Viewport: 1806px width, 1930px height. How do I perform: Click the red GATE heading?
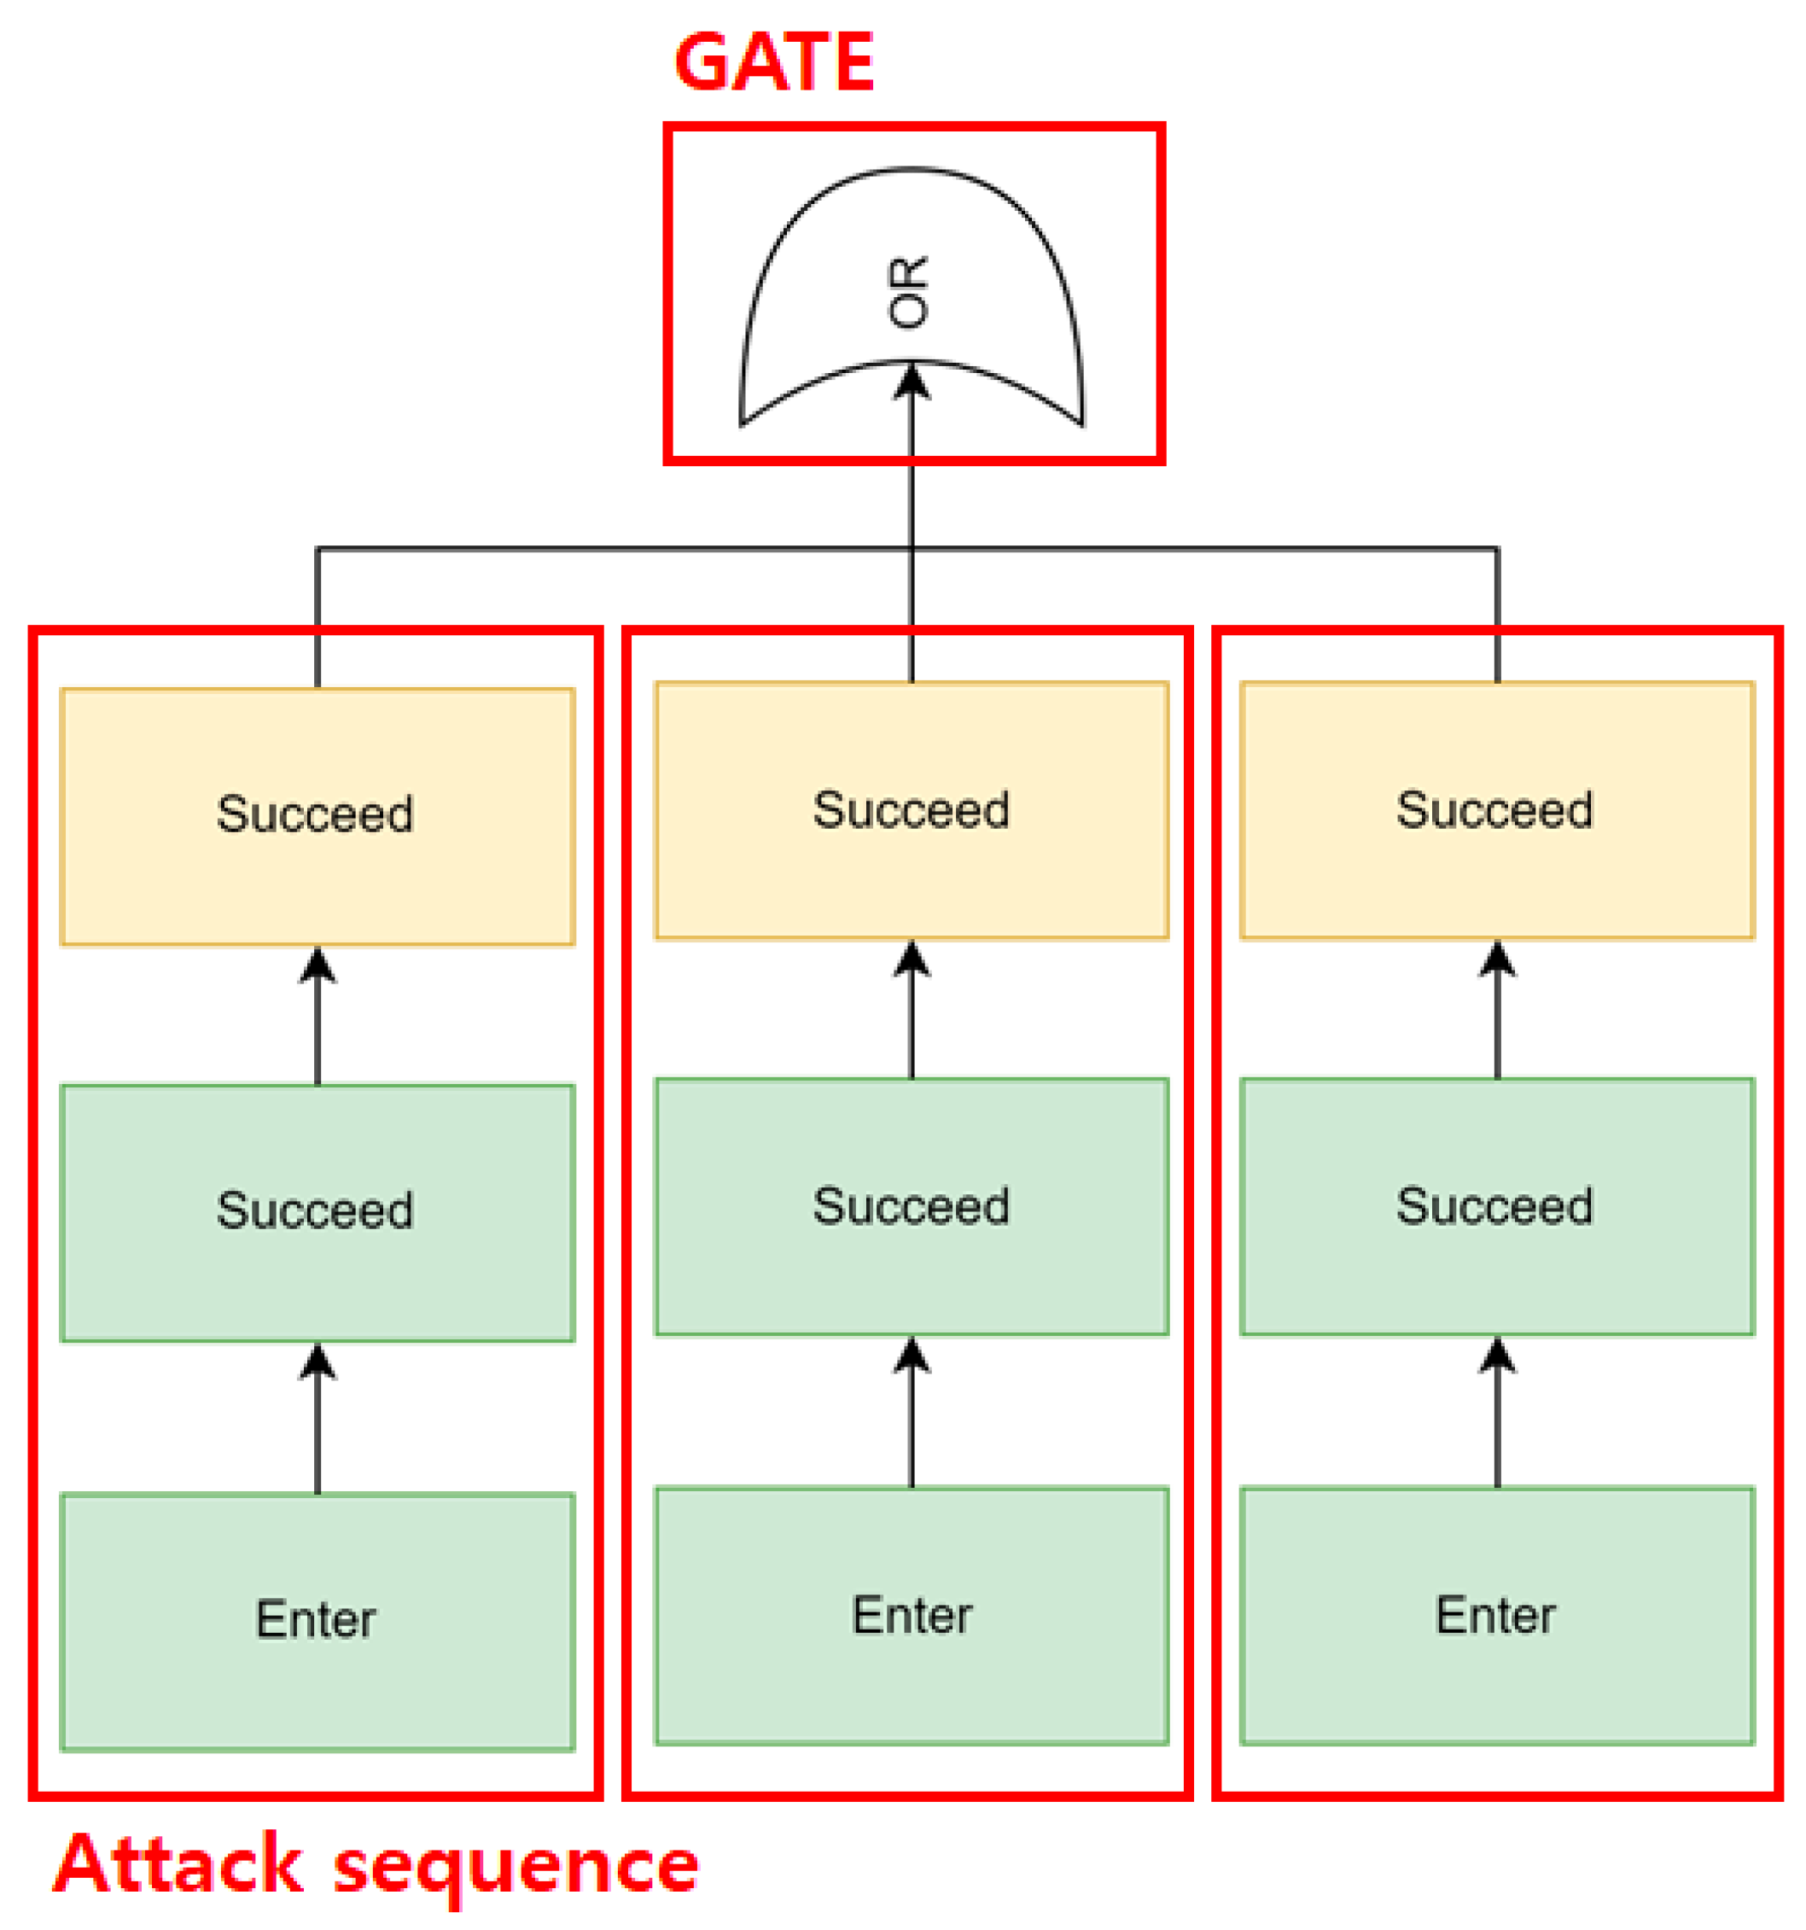tap(772, 62)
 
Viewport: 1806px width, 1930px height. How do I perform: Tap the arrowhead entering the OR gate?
tap(911, 381)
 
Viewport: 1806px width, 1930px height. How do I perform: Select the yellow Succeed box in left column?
tap(318, 815)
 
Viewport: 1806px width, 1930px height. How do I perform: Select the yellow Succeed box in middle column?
tap(911, 811)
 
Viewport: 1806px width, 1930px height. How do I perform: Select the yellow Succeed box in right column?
tap(1495, 811)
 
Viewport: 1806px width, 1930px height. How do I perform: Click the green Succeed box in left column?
tap(318, 1211)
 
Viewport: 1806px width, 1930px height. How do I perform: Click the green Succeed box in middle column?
tap(911, 1207)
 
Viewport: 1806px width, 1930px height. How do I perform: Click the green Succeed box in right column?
tap(1495, 1207)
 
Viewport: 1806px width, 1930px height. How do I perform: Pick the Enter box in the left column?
tap(318, 1620)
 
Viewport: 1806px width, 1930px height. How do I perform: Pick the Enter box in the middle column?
tap(911, 1616)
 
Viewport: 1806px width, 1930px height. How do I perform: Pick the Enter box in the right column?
tap(1495, 1616)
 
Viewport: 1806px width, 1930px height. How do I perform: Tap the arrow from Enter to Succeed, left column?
tap(318, 1417)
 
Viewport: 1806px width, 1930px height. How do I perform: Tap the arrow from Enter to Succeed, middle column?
tap(911, 1413)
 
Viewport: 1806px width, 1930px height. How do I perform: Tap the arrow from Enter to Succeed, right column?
tap(1496, 1413)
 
